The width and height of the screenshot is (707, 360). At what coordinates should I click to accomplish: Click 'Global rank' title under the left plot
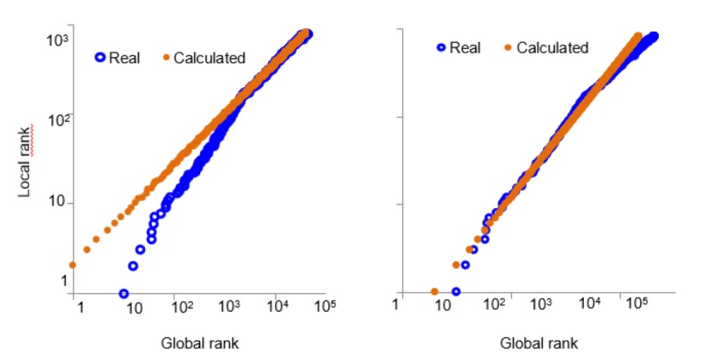coord(200,342)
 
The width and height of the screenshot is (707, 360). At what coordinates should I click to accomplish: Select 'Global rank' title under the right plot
coord(539,342)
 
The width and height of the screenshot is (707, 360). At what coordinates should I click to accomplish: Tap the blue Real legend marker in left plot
coord(100,58)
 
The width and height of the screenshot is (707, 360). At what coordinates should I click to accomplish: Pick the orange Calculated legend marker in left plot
coord(165,58)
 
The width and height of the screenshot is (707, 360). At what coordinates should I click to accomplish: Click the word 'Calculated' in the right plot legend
coord(552,47)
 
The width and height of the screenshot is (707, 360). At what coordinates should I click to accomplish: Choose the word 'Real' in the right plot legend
coord(464,47)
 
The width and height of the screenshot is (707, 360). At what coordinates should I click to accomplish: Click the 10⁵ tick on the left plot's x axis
coord(325,306)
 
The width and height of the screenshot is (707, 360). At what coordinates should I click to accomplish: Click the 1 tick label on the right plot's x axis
coord(398,305)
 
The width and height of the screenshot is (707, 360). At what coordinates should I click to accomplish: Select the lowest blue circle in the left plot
coord(124,293)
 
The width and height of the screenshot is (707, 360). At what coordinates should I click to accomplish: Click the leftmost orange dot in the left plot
coord(73,264)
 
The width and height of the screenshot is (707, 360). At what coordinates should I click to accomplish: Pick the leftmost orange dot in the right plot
coord(434,292)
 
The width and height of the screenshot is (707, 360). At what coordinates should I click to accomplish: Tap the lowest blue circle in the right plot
coord(456,292)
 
